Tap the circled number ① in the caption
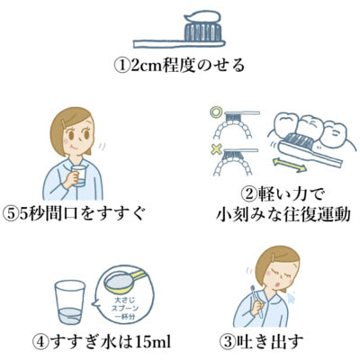122,66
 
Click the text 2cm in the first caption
146,67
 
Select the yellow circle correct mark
214,112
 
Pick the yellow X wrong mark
216,149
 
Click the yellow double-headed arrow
290,166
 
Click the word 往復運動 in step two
317,214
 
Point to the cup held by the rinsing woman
78,175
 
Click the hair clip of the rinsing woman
64,124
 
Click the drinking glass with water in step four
70,302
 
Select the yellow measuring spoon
123,282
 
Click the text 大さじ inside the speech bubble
122,300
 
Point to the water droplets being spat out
291,297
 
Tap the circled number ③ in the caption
227,342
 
